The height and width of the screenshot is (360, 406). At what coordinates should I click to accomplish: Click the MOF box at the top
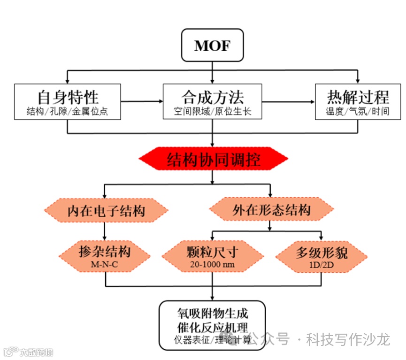point(213,46)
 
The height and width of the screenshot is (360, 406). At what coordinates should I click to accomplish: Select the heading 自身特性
point(68,97)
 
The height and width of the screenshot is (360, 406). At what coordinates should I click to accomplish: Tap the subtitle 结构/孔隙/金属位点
point(68,112)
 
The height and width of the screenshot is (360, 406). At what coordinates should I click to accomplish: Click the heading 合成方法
point(213,97)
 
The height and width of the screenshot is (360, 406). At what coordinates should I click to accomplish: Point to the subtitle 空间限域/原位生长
point(213,112)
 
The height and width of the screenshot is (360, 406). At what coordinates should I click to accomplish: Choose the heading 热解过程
point(358,97)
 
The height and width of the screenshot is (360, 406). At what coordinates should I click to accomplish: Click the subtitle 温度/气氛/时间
point(358,112)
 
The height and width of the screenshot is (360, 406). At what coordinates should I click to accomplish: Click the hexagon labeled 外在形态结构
point(271,210)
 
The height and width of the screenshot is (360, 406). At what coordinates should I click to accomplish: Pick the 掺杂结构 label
point(105,252)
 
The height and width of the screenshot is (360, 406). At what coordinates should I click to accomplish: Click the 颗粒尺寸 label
point(213,252)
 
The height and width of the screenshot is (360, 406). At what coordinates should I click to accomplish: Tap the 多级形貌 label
point(322,253)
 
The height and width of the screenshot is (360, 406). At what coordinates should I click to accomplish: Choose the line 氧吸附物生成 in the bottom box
point(213,313)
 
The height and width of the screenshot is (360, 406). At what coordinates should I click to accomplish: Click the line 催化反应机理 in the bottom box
point(213,327)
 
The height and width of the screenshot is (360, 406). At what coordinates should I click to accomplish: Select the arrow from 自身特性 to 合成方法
point(141,101)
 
